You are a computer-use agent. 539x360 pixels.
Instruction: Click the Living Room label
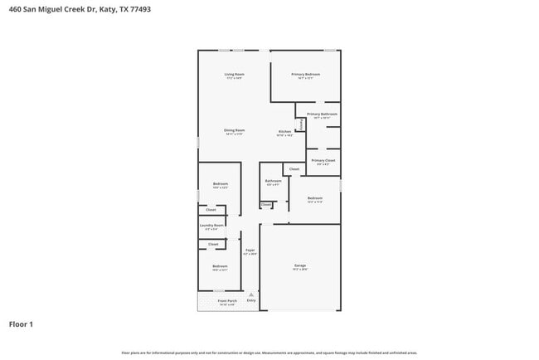(234, 74)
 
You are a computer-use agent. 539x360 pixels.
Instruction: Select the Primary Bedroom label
(305, 74)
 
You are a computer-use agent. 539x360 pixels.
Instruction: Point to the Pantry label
(300, 124)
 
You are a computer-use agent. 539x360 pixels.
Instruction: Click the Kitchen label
(284, 131)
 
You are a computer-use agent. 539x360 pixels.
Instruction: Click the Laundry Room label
(211, 225)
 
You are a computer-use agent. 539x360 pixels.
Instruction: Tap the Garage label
(299, 265)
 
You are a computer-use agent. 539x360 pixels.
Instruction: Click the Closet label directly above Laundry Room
(211, 210)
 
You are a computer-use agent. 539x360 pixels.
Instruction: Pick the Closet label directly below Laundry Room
(213, 244)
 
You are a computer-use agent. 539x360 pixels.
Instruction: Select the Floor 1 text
(21, 324)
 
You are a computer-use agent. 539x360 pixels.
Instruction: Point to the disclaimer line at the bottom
(269, 353)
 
